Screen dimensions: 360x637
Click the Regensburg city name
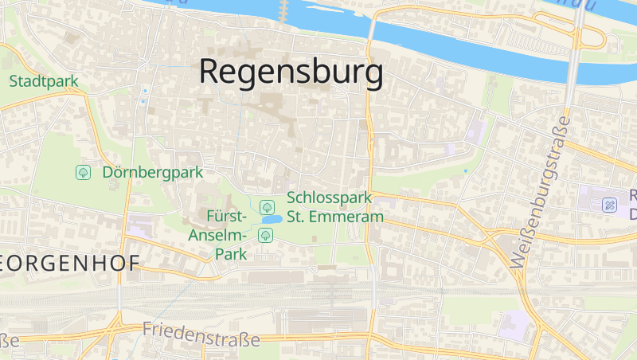click(291, 72)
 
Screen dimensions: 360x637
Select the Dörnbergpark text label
click(153, 172)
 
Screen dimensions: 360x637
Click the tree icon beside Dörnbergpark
click(82, 172)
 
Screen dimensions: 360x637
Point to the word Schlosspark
click(330, 198)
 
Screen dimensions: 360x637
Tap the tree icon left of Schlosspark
click(266, 206)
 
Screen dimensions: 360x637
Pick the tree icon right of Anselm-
click(265, 234)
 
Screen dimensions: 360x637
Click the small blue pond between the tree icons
click(272, 219)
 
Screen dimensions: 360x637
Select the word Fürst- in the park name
click(228, 216)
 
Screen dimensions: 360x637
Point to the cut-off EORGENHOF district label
click(70, 263)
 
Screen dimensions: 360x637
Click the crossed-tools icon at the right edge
click(609, 205)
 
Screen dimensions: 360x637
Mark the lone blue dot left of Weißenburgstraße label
click(466, 170)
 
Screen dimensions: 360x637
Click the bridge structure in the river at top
click(283, 10)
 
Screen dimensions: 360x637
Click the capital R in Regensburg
click(210, 71)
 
